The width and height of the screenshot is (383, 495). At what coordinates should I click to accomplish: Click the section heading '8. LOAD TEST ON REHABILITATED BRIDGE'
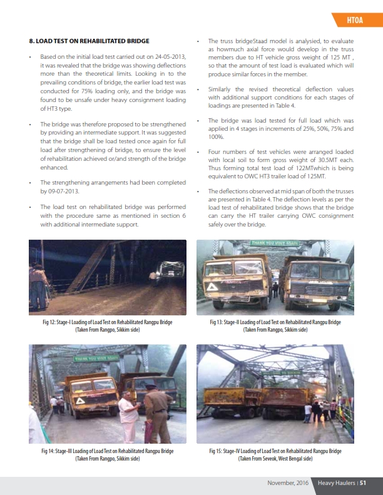(89, 41)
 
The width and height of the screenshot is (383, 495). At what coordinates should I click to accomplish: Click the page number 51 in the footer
(362, 482)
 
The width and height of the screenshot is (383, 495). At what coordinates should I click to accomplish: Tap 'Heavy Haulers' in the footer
(335, 482)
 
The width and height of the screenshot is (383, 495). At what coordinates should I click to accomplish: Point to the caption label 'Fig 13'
(219, 322)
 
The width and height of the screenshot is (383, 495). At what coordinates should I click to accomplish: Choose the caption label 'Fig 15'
(219, 451)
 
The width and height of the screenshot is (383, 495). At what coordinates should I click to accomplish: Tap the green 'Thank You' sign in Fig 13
(275, 243)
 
